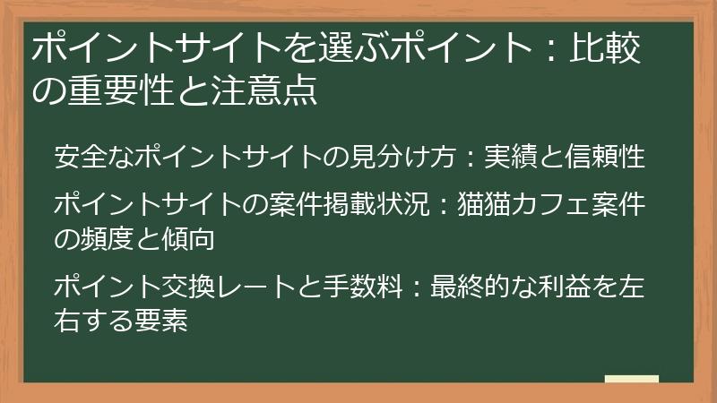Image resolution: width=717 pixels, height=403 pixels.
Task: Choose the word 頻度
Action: pyautogui.click(x=107, y=239)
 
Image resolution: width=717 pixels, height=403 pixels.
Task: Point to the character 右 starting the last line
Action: pyautogui.click(x=65, y=320)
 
